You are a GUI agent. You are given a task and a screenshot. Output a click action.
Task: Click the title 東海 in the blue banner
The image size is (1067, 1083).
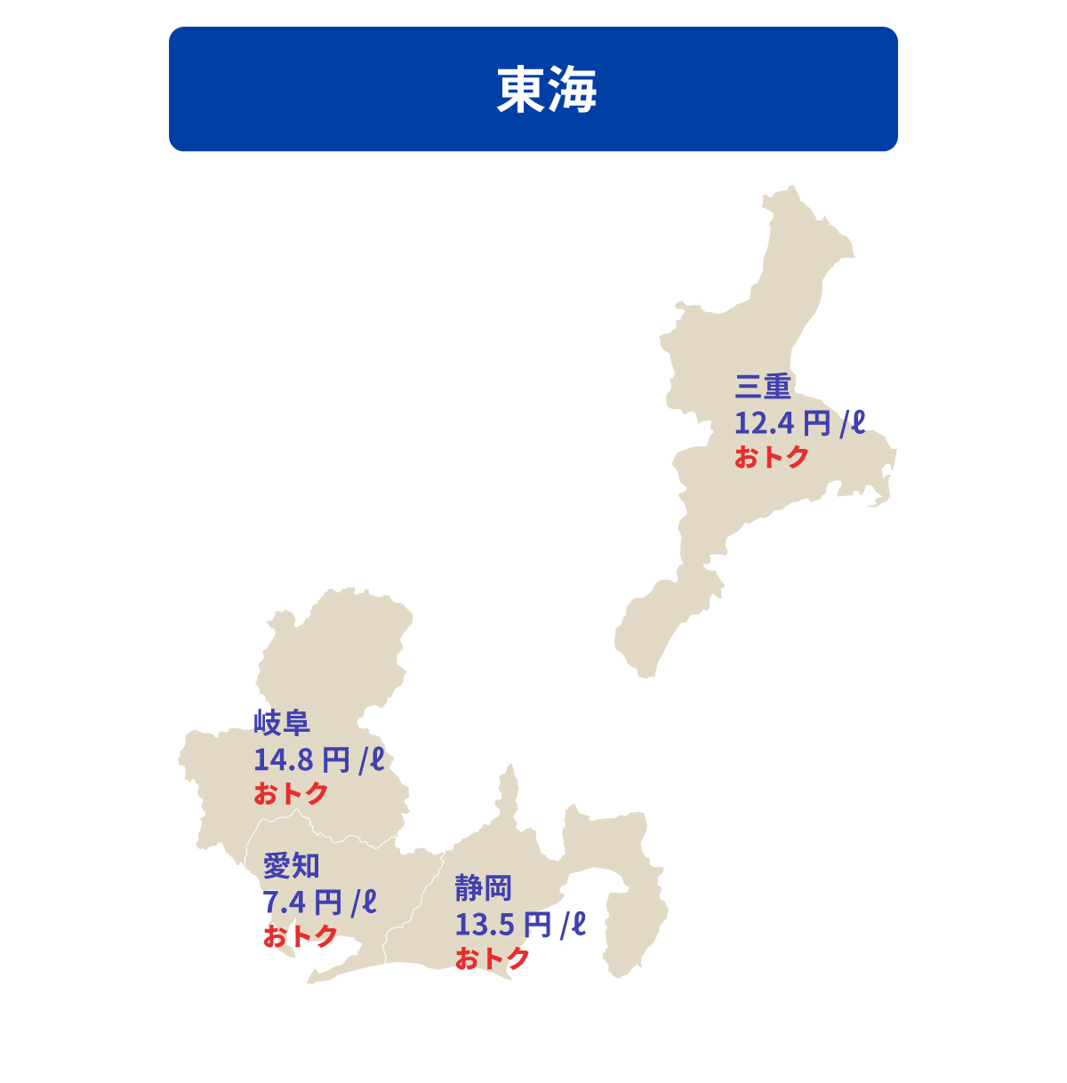[546, 90]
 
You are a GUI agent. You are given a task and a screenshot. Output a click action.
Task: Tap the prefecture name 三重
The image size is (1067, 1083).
[763, 387]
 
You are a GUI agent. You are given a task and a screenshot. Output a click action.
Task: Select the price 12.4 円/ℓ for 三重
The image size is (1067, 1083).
[798, 422]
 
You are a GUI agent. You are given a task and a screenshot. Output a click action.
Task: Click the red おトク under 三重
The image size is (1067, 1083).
[771, 457]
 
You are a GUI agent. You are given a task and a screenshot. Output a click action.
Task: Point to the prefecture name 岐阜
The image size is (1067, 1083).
[282, 723]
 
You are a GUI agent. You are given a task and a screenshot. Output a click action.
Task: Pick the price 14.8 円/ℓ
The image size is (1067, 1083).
[318, 760]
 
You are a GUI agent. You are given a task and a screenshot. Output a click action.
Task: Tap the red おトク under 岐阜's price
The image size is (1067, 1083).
[291, 793]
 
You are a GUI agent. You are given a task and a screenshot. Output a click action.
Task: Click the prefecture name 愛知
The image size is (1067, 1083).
[291, 865]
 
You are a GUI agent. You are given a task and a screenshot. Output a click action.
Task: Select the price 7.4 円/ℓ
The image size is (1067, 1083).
[319, 902]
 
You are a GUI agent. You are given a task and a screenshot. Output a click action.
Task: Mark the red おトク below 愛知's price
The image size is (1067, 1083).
[300, 936]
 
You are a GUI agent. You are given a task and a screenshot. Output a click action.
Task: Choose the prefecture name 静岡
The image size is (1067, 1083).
[483, 887]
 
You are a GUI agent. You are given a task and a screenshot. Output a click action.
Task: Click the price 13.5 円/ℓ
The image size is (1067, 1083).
[520, 925]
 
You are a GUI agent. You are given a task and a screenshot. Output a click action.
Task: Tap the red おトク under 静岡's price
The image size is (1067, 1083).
[492, 959]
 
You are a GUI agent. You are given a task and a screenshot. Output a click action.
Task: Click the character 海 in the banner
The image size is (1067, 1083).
[573, 90]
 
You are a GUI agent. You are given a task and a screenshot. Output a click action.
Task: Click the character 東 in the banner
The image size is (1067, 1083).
[521, 90]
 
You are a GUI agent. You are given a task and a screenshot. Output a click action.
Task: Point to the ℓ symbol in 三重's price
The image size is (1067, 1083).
[856, 421]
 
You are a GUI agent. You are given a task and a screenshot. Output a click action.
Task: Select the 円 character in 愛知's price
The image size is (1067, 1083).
[327, 902]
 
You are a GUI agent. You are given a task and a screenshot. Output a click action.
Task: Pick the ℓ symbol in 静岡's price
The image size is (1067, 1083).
[578, 924]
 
